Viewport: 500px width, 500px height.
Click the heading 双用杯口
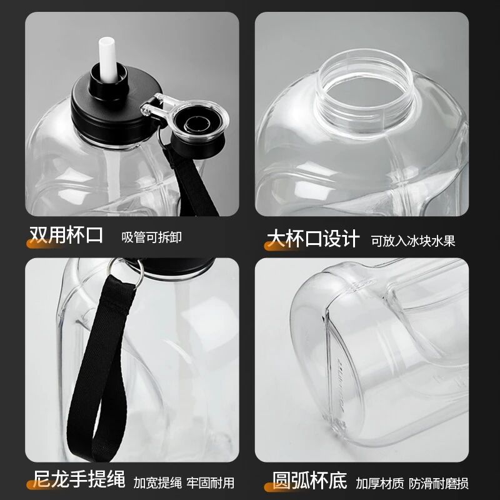pos(66,236)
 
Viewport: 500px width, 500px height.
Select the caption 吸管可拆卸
pos(151,237)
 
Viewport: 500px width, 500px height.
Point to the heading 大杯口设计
pos(313,239)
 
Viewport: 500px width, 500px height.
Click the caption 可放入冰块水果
pos(413,241)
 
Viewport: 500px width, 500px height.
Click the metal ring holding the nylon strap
pos(126,271)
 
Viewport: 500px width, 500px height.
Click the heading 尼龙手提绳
pos(79,479)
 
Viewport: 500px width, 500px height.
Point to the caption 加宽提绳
pos(157,482)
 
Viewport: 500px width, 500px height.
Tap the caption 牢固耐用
pos(211,482)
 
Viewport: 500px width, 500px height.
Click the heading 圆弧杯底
pos(309,480)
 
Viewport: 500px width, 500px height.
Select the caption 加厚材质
pos(380,483)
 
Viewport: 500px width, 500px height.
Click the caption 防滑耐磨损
pos(439,483)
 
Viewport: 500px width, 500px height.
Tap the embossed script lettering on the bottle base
pos(339,382)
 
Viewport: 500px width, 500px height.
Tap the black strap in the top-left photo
pos(191,182)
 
